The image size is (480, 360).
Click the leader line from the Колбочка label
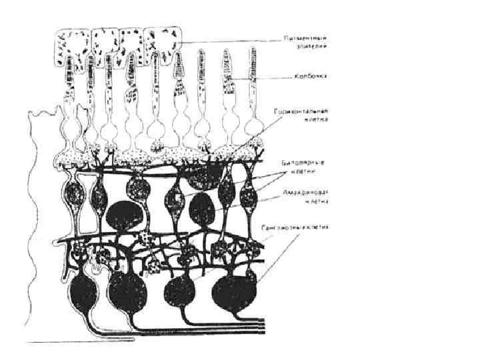267,77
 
